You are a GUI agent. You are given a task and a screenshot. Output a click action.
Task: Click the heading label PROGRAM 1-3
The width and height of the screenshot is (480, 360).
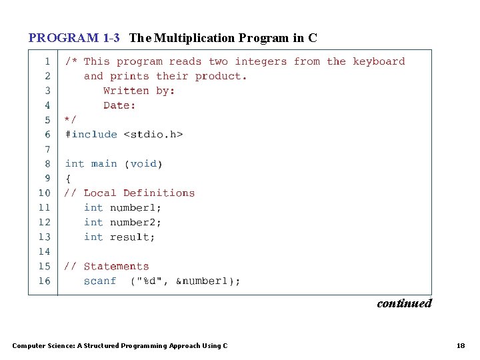tap(74, 38)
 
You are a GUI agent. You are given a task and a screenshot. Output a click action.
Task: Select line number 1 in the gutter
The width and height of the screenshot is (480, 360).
tap(47, 61)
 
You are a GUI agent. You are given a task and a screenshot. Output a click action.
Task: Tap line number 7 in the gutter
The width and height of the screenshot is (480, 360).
tap(47, 149)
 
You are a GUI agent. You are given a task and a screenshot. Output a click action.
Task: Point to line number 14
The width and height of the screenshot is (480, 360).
tap(44, 251)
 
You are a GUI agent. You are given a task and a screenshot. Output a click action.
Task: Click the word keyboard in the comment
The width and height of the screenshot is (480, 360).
tap(379, 61)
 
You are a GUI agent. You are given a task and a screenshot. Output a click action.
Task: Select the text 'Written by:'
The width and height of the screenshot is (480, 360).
tap(139, 91)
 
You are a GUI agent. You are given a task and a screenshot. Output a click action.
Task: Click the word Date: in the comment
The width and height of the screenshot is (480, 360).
tap(119, 105)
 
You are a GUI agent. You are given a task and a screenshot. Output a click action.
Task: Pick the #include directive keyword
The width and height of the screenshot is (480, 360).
tap(91, 134)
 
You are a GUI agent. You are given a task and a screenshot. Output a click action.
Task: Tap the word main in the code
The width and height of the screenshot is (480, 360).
tap(103, 163)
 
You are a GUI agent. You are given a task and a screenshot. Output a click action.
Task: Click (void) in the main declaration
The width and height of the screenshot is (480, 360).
tap(143, 163)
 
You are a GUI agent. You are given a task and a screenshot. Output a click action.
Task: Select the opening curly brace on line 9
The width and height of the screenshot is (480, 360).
tap(67, 178)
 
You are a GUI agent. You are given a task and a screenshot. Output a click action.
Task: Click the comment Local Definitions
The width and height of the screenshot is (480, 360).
tap(139, 193)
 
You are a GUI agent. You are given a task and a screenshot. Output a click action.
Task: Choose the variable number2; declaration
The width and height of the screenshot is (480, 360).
tap(135, 222)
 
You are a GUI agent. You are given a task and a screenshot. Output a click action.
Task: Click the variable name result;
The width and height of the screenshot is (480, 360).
tap(132, 237)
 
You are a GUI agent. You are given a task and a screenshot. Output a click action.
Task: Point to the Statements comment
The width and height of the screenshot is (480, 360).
tap(116, 266)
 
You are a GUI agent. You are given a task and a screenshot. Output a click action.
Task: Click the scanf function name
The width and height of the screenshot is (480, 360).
tap(100, 281)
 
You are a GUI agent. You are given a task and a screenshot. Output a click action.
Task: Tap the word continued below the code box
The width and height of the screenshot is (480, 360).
tap(404, 303)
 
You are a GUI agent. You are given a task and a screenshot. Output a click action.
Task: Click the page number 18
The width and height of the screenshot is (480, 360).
tap(461, 345)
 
